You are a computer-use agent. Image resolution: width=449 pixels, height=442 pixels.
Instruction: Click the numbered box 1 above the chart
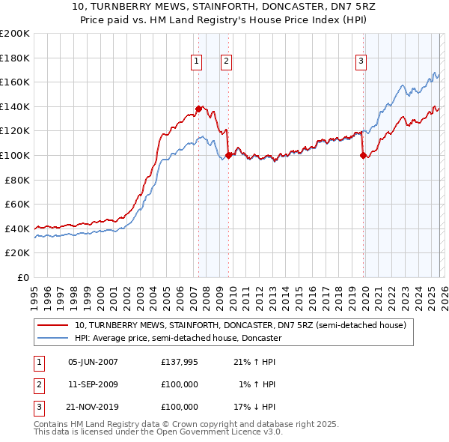(x=196, y=61)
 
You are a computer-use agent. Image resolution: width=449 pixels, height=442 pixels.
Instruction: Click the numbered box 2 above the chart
(x=225, y=61)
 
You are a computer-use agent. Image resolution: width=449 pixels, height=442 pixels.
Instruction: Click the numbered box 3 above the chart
(x=361, y=61)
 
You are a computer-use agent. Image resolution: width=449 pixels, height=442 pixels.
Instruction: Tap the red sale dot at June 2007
(x=198, y=109)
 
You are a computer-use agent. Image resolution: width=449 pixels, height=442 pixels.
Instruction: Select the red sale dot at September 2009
(x=228, y=155)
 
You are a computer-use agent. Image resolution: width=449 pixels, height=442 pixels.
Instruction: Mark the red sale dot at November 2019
(x=363, y=155)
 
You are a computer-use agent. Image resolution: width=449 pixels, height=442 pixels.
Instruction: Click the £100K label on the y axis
(x=15, y=155)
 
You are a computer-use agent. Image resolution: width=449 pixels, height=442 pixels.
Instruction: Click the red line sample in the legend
(x=53, y=326)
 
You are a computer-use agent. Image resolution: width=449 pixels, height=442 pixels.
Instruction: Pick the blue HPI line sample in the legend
(x=53, y=338)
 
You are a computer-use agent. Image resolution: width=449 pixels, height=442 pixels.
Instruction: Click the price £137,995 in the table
(x=179, y=362)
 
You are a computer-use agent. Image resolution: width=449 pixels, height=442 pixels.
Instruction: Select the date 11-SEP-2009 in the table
(x=93, y=384)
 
